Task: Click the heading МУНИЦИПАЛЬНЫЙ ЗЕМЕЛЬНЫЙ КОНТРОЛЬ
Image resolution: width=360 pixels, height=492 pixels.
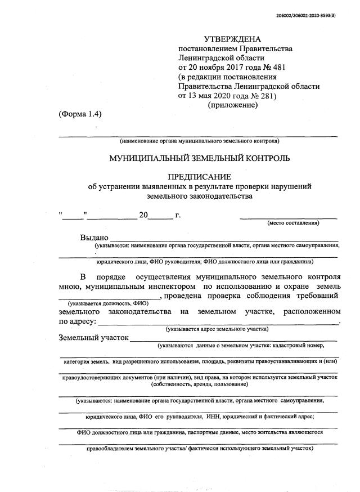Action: coord(200,158)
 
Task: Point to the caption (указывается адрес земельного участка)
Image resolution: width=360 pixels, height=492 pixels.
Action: coord(217,329)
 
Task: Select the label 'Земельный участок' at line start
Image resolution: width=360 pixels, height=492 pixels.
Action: coord(93,338)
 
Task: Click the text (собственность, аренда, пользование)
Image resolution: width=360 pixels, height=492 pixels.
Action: coord(199,384)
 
